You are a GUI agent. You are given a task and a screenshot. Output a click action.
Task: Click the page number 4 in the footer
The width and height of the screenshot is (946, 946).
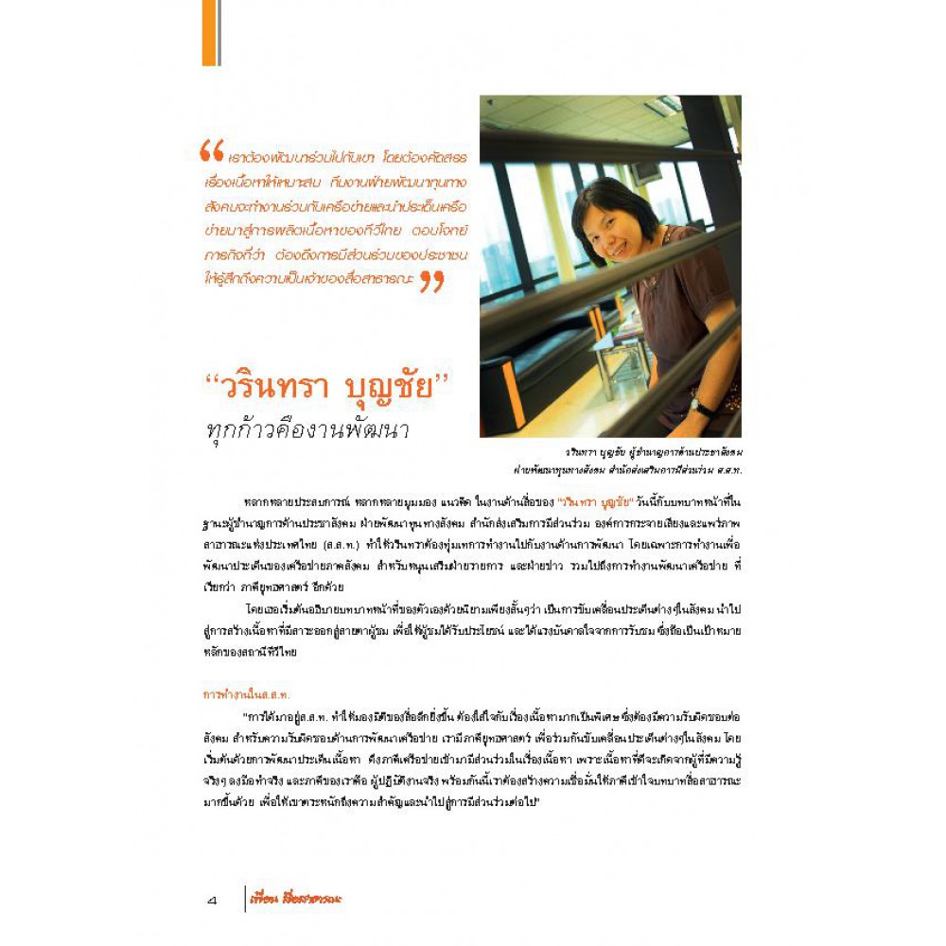point(212,900)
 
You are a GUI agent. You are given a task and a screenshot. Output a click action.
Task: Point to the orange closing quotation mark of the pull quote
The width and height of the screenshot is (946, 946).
point(431,281)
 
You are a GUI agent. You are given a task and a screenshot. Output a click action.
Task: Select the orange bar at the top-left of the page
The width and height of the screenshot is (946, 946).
point(210,33)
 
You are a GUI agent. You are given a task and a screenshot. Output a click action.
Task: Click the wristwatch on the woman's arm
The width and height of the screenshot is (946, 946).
point(700,407)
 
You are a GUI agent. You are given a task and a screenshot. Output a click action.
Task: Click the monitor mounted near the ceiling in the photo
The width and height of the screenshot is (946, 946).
point(647,171)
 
